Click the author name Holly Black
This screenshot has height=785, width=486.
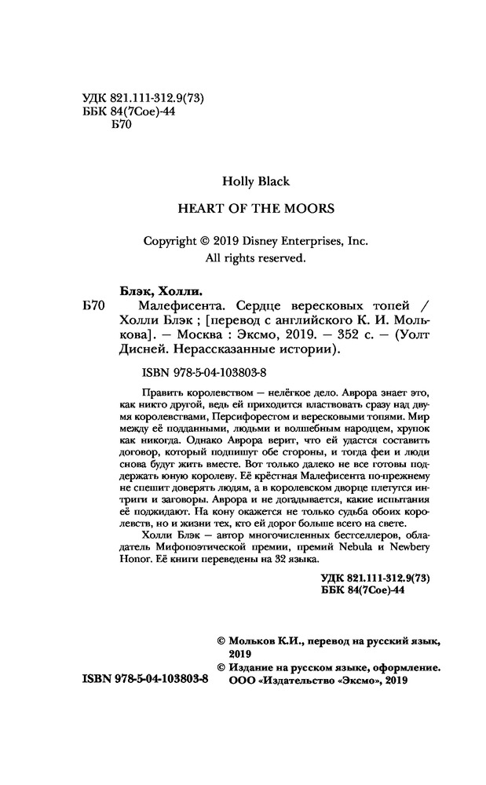[256, 181]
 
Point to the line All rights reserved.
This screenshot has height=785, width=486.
[256, 257]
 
